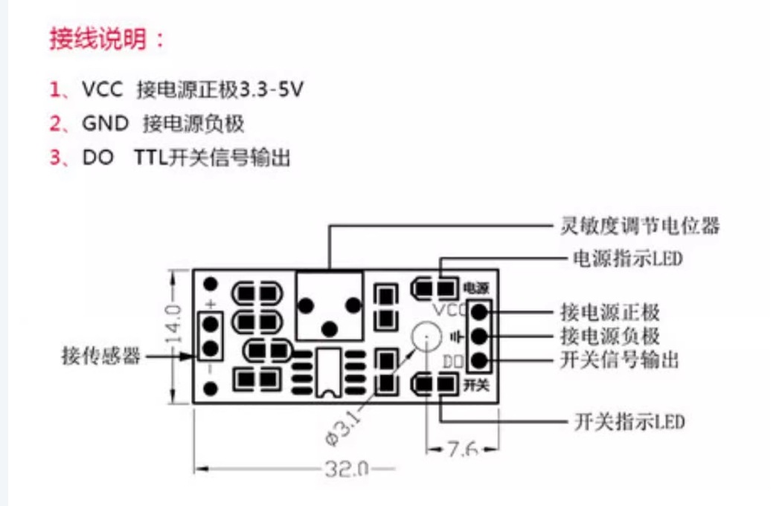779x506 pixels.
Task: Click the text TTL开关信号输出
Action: (x=212, y=158)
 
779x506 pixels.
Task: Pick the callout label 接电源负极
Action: (x=609, y=336)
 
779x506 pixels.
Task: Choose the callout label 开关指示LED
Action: (x=629, y=422)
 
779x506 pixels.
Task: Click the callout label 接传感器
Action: (x=100, y=357)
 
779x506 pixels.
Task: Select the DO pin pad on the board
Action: (x=480, y=362)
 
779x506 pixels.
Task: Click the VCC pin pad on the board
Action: (x=480, y=311)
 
